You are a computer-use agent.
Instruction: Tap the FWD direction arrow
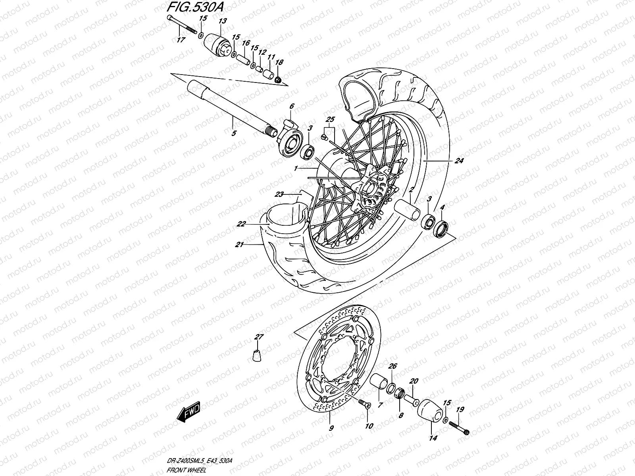(189, 413)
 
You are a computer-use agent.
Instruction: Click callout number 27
(259, 337)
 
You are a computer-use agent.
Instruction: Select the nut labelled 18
(279, 80)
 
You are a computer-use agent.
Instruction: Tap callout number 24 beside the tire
(459, 161)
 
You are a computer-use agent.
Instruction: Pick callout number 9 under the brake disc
(331, 428)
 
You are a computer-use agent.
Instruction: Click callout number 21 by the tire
(239, 245)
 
